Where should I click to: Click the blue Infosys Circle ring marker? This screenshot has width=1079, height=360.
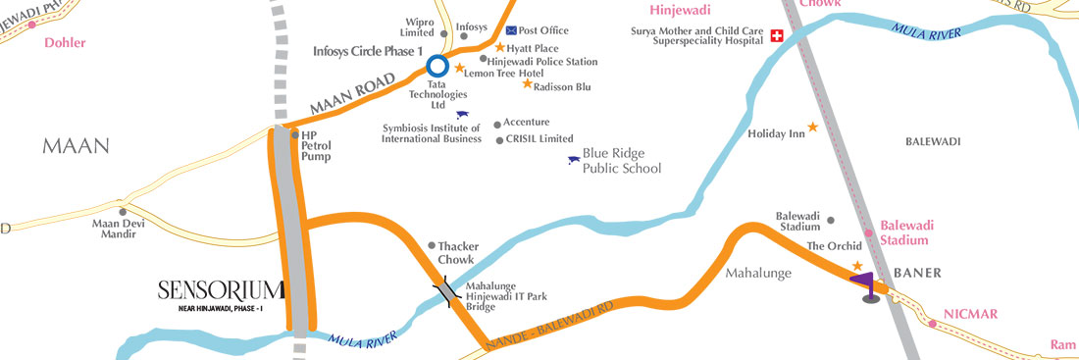pyautogui.click(x=437, y=68)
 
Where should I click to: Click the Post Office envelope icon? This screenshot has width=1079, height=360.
pyautogui.click(x=510, y=30)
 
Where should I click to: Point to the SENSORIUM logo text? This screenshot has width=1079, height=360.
pyautogui.click(x=221, y=289)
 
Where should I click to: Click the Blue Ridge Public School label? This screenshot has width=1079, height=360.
pyautogui.click(x=622, y=161)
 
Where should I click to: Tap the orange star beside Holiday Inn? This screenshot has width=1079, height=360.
pyautogui.click(x=812, y=128)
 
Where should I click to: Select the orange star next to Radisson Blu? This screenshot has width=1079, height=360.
pyautogui.click(x=527, y=84)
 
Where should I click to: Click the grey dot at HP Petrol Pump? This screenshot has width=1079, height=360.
pyautogui.click(x=294, y=134)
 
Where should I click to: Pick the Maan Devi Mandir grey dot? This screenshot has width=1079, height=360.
pyautogui.click(x=123, y=211)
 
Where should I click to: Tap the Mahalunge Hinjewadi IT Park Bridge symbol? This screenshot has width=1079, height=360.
pyautogui.click(x=447, y=292)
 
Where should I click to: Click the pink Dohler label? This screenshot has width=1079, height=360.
pyautogui.click(x=66, y=42)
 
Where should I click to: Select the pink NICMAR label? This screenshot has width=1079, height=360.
pyautogui.click(x=969, y=314)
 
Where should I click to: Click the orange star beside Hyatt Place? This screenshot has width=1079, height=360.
pyautogui.click(x=499, y=47)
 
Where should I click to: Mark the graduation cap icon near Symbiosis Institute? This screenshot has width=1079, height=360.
pyautogui.click(x=462, y=115)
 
